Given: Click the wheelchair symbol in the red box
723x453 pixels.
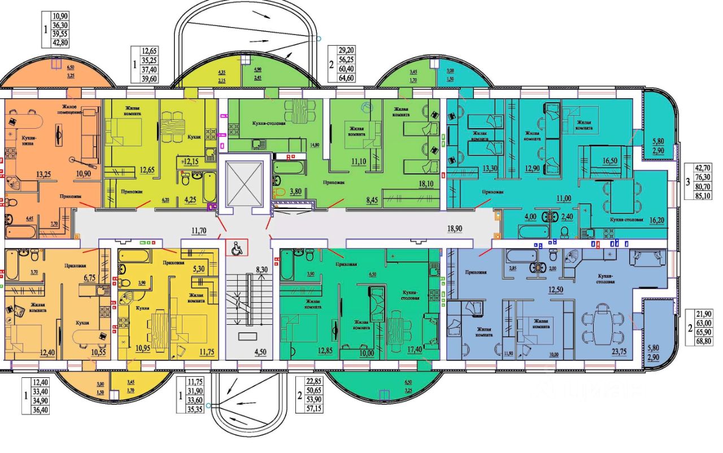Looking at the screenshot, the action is point(236,247).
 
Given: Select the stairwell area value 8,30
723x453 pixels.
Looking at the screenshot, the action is point(262,270).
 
